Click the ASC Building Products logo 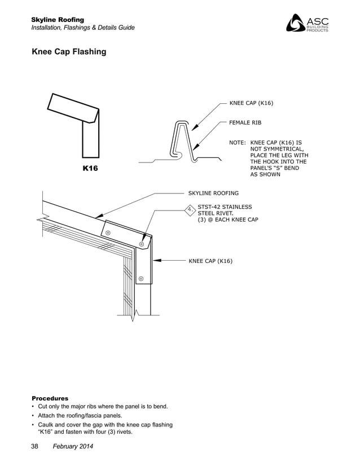click(x=308, y=24)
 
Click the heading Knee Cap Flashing click(x=69, y=52)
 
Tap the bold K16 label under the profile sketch click(x=90, y=169)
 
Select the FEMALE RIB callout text click(x=245, y=122)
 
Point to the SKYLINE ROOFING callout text click(x=213, y=193)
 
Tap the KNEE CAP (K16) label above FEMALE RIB click(x=251, y=103)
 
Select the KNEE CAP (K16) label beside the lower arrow click(x=210, y=261)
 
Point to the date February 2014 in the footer click(x=73, y=447)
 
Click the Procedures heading click(x=50, y=398)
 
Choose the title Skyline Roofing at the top click(x=58, y=20)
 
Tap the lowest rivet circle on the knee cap click(x=141, y=278)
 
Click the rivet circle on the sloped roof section click(x=108, y=232)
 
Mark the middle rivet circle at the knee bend click(x=141, y=244)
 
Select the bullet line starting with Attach click(x=81, y=415)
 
